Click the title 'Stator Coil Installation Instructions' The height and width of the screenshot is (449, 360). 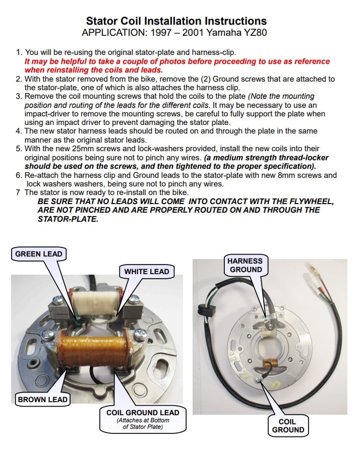click(176, 21)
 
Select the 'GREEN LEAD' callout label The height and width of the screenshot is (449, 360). click(39, 254)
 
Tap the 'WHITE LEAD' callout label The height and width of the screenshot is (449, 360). click(147, 272)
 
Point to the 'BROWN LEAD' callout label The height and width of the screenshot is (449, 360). click(42, 400)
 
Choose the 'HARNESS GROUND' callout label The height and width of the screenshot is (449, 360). click(246, 265)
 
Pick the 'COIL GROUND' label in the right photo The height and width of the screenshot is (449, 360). click(288, 426)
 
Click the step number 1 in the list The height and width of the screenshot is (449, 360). click(19, 52)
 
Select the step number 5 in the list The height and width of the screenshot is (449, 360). click(19, 149)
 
